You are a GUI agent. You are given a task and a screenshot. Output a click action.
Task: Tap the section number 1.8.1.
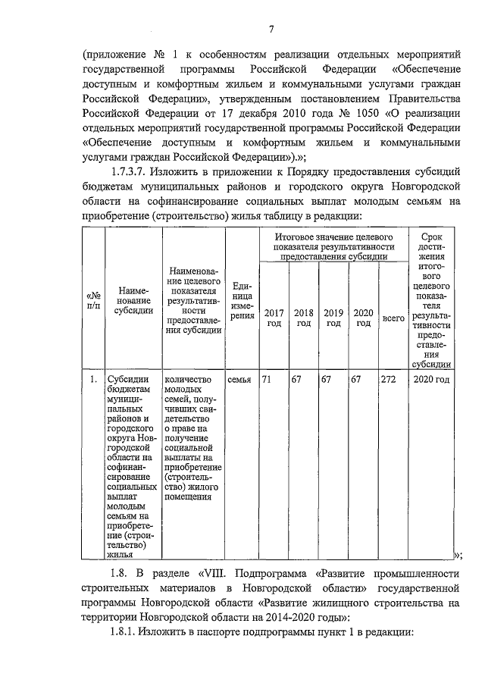129,632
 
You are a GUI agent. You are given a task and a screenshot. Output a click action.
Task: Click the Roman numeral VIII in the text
218,572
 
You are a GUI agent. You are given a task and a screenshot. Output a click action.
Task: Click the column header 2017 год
273,318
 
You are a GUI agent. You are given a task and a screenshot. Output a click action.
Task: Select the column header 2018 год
303,318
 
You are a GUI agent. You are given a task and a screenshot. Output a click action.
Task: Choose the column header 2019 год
333,318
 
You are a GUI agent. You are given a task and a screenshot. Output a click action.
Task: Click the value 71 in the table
267,380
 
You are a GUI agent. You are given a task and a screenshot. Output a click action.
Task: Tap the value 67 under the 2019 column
327,380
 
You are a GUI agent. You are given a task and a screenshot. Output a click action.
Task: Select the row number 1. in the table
92,380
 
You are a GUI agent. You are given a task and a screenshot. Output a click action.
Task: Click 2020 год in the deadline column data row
433,380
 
